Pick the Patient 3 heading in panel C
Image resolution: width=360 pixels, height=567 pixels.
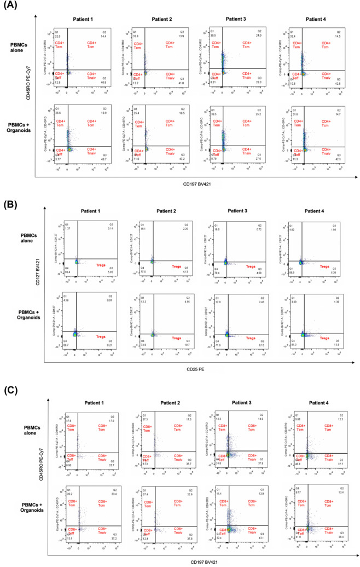coord(241,406)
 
